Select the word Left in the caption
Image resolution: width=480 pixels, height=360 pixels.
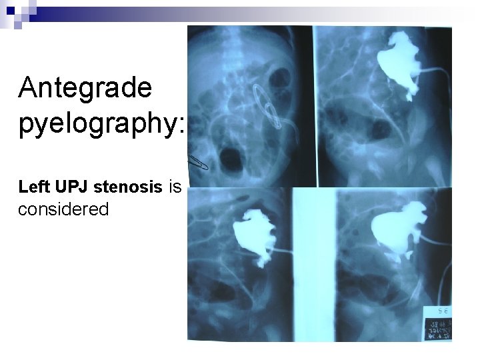point(33,189)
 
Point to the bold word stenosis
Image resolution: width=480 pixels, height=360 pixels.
point(127,189)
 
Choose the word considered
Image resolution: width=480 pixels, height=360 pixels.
point(63,209)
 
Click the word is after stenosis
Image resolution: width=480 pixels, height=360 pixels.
point(176,189)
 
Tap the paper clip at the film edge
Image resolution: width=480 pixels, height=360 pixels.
point(198,162)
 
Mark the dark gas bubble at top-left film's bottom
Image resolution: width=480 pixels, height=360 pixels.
point(235,159)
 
